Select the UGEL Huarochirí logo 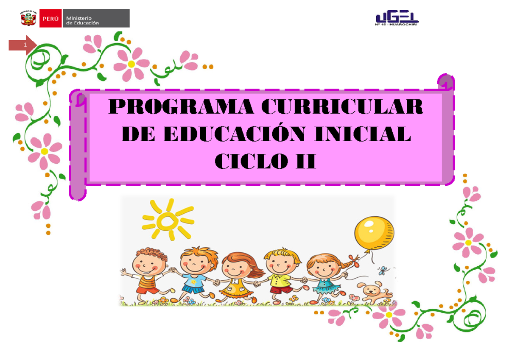(397, 19)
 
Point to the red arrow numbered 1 (24, 45)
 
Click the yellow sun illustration (168, 220)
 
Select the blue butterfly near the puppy (384, 270)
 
